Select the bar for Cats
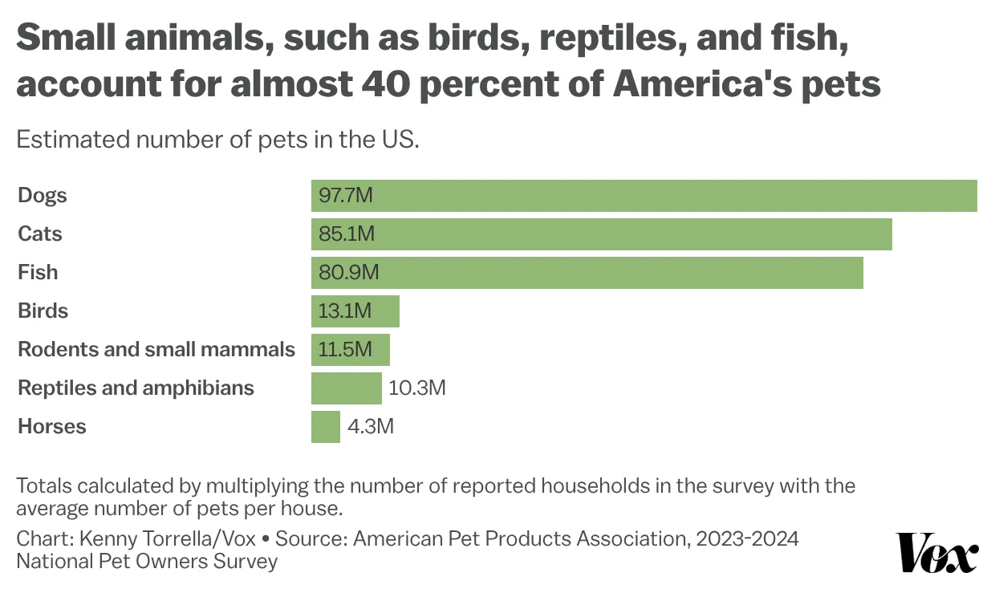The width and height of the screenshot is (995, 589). coord(601,234)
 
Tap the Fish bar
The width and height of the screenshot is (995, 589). coord(587,273)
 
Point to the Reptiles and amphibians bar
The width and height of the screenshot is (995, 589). coord(346,388)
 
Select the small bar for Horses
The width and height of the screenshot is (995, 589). coord(325,427)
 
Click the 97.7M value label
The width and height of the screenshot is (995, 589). coord(346,196)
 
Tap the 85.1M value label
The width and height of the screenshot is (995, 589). coord(347,234)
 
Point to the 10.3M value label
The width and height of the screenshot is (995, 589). coord(416,388)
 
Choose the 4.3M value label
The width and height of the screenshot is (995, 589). coord(370,427)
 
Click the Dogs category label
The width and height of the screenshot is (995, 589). coord(43,196)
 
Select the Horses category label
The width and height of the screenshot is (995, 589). coord(51,427)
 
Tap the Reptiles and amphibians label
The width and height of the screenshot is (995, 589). coord(136,388)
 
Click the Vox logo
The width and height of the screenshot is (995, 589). coord(936,552)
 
